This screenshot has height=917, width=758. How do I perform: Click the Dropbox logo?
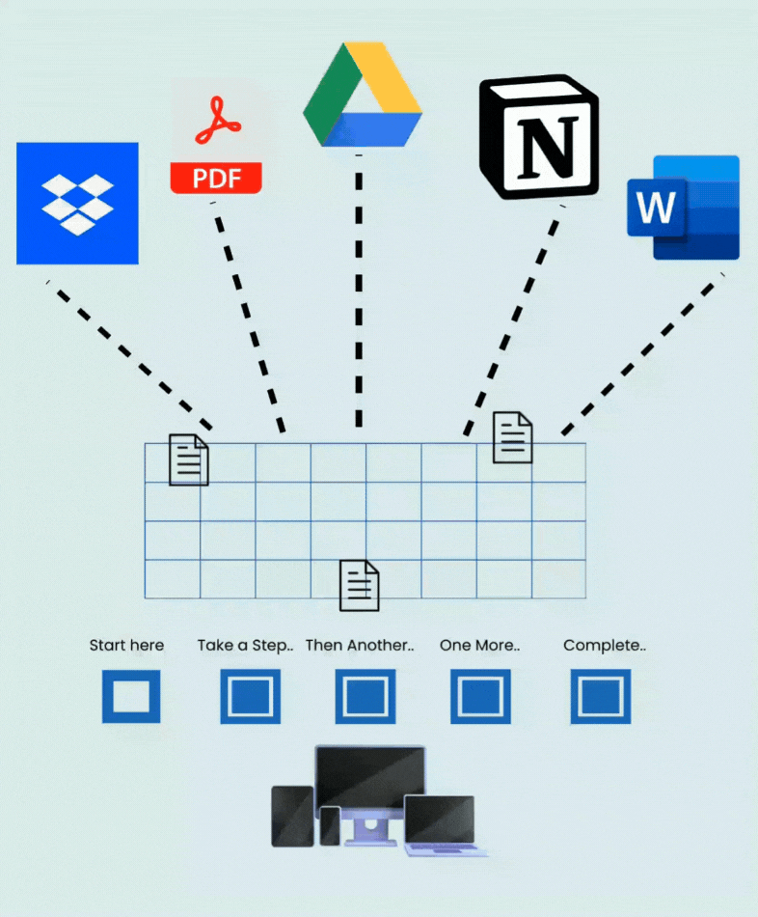pos(77,204)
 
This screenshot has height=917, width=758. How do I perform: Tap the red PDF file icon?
pos(216,138)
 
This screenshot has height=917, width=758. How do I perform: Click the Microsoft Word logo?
pos(683,207)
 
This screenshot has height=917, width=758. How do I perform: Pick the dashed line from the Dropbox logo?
pos(130,355)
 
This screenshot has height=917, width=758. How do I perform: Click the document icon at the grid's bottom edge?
pos(360,585)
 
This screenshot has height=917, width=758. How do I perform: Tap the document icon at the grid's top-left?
pos(189,459)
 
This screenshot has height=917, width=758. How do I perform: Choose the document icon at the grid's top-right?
pos(513,437)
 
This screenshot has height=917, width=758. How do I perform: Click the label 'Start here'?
pos(126,646)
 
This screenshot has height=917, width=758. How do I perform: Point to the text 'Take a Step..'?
pos(245,646)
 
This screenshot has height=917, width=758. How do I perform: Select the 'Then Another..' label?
pos(360,646)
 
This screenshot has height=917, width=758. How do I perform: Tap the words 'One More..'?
pos(479,646)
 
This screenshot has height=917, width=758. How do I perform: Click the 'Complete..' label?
pos(605,646)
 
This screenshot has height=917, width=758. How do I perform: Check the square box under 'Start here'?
pos(131,696)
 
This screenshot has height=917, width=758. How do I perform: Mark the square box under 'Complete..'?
pos(601,696)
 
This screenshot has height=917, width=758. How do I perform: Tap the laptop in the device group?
pos(442,824)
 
